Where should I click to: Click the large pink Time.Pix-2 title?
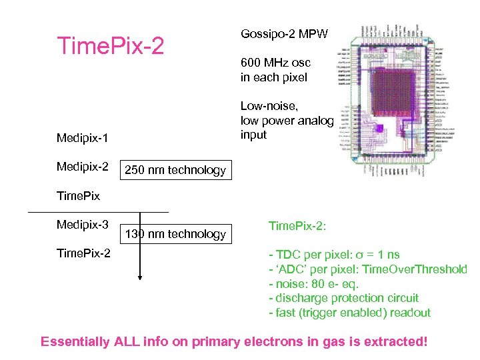pos(110,45)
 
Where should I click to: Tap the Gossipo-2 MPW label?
pos(284,33)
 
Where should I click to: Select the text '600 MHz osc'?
pos(275,63)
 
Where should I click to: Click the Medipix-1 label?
pos(82,138)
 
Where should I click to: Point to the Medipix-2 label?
pos(82,165)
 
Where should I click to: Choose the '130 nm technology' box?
pos(176,234)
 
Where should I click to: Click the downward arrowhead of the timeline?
pos(139,277)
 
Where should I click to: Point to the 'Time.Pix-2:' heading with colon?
pos(297,226)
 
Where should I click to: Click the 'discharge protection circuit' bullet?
pos(343,298)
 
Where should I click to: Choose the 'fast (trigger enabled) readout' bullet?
pos(349,313)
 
